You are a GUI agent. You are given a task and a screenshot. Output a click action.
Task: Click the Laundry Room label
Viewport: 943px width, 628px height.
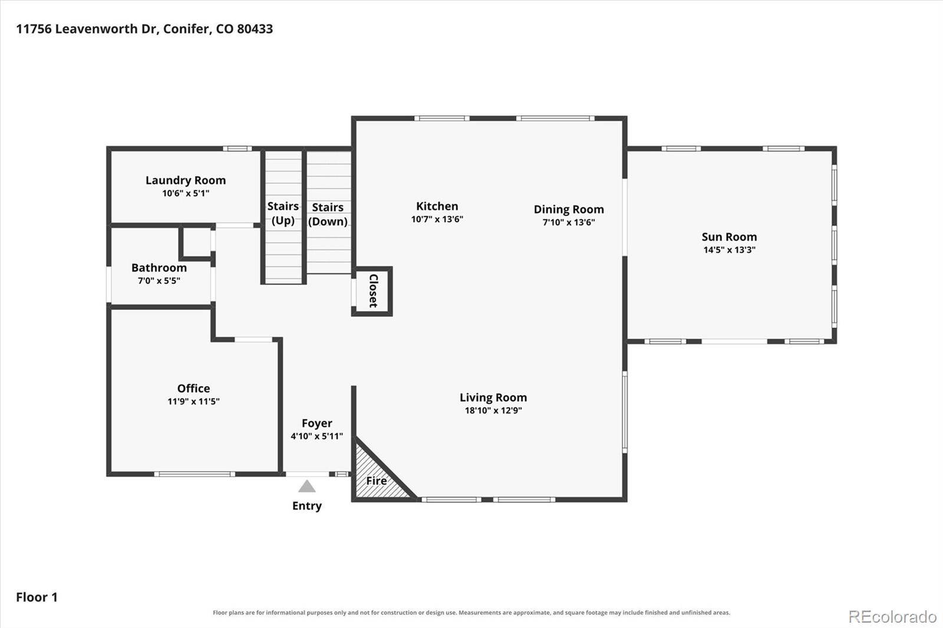pyautogui.click(x=186, y=180)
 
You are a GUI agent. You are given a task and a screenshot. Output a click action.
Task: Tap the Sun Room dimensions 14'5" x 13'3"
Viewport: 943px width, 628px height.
pyautogui.click(x=729, y=250)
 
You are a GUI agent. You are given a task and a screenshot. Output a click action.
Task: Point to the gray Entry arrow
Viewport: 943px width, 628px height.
pyautogui.click(x=307, y=486)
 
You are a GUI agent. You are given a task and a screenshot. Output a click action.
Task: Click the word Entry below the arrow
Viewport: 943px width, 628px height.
pyautogui.click(x=307, y=505)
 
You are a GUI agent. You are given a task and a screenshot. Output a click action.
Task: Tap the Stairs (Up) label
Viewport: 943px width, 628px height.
pyautogui.click(x=283, y=213)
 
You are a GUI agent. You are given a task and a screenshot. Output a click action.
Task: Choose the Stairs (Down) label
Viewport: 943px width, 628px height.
pyautogui.click(x=328, y=214)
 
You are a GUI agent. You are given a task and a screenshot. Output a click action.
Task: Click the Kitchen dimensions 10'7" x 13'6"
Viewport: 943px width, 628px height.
pyautogui.click(x=437, y=219)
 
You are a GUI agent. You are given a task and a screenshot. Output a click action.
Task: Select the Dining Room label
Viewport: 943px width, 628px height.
pyautogui.click(x=569, y=209)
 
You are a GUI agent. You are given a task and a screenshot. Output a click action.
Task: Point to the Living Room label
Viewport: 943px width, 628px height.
pyautogui.click(x=493, y=397)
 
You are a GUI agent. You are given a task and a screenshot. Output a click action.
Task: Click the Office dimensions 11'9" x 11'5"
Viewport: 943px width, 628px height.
pyautogui.click(x=193, y=401)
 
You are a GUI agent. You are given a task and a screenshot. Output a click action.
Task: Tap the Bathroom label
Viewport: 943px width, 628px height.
pyautogui.click(x=159, y=267)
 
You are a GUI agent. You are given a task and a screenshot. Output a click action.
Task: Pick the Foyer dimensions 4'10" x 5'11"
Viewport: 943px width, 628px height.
pyautogui.click(x=316, y=436)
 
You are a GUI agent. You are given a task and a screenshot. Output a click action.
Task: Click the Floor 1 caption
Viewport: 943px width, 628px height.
pyautogui.click(x=37, y=597)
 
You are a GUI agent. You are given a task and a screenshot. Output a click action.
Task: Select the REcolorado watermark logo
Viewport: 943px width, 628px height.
pyautogui.click(x=892, y=617)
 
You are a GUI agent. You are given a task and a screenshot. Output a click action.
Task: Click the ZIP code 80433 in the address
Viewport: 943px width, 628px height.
pyautogui.click(x=255, y=29)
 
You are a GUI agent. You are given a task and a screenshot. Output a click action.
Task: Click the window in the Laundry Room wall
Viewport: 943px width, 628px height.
pyautogui.click(x=237, y=148)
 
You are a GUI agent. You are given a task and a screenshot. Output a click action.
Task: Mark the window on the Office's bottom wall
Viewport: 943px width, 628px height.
pyautogui.click(x=194, y=474)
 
